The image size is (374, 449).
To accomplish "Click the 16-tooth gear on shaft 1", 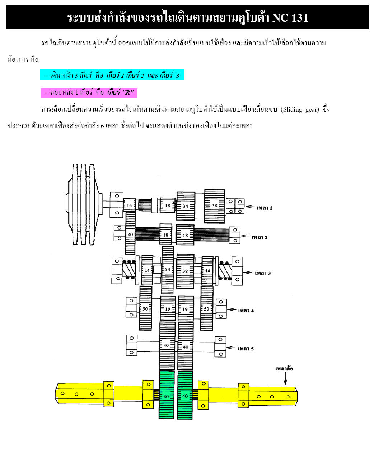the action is click(129, 205).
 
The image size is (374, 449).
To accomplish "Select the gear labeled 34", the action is click(186, 206).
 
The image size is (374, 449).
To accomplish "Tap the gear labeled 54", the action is click(167, 270).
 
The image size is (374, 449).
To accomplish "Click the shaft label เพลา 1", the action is click(264, 208).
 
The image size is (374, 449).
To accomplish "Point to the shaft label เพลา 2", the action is click(260, 237).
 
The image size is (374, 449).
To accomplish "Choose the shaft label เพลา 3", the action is click(263, 273).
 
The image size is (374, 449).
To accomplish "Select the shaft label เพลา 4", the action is click(246, 311).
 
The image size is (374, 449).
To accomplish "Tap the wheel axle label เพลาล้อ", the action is click(284, 368).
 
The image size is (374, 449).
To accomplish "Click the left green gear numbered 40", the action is click(166, 396).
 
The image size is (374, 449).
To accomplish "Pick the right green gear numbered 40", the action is click(185, 396).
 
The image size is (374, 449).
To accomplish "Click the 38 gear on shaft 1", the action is click(215, 206).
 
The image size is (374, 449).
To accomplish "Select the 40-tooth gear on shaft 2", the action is click(130, 233).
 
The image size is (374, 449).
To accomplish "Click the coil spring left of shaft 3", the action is click(129, 270).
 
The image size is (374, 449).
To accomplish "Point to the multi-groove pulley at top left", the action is click(84, 204).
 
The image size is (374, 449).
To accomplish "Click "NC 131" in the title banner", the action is click(290, 18).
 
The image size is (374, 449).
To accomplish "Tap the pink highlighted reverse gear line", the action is click(89, 93).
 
